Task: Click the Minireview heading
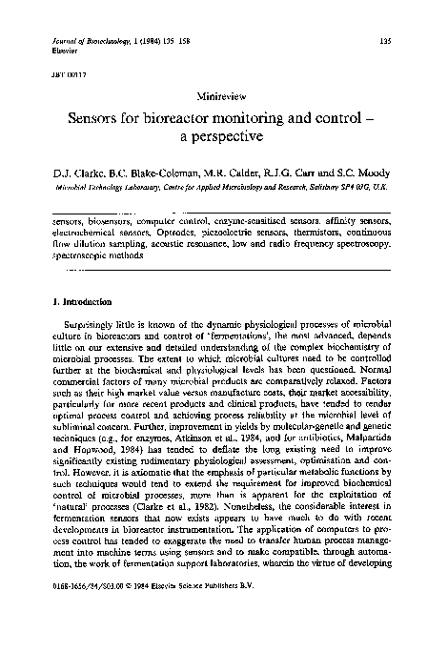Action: click(x=224, y=98)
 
